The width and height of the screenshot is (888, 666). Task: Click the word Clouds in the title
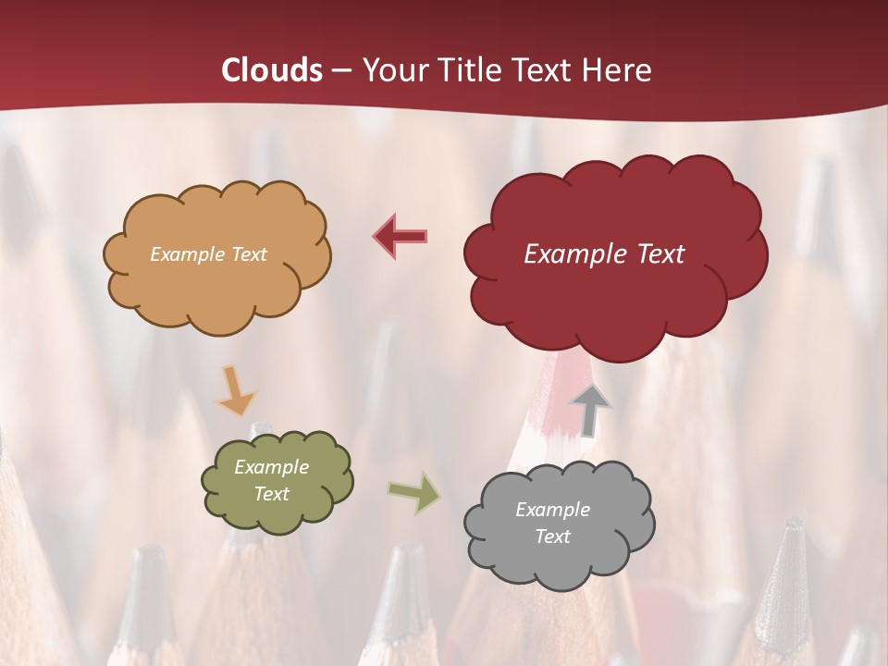click(272, 70)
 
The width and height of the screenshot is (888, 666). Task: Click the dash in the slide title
click(341, 71)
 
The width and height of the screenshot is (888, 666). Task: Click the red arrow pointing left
click(401, 237)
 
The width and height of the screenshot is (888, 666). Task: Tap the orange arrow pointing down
click(235, 392)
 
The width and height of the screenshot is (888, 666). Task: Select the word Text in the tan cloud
click(248, 254)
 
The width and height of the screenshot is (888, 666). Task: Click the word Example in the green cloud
click(271, 467)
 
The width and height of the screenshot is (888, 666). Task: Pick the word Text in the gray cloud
click(552, 536)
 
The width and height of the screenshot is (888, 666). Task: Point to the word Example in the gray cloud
click(552, 510)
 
